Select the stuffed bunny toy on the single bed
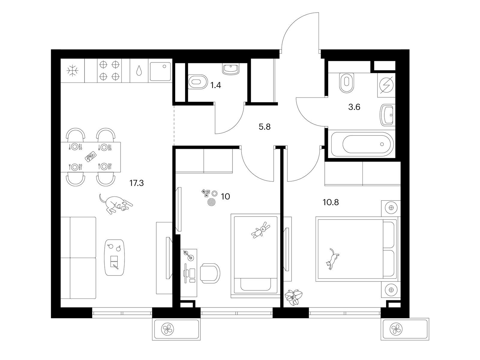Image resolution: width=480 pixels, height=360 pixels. [x=261, y=230]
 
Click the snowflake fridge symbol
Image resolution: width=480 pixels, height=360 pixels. [x=73, y=70]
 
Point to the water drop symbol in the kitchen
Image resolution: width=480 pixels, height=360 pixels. [x=139, y=70]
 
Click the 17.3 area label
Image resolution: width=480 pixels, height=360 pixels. [x=136, y=183]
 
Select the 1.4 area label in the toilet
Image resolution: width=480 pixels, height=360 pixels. [x=216, y=85]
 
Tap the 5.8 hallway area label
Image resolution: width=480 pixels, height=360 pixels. [x=265, y=127]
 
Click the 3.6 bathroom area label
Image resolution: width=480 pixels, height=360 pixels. [x=354, y=107]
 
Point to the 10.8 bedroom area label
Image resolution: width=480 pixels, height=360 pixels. [x=331, y=202]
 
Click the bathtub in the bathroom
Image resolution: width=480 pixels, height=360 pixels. [x=362, y=144]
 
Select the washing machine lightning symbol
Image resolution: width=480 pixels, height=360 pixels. [x=386, y=85]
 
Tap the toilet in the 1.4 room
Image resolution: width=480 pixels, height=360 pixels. [x=198, y=82]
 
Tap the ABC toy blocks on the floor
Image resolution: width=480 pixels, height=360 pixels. [x=205, y=193]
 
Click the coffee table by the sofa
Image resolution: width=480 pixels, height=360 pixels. [x=115, y=257]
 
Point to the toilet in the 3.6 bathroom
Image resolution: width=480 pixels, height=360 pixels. [x=346, y=82]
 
